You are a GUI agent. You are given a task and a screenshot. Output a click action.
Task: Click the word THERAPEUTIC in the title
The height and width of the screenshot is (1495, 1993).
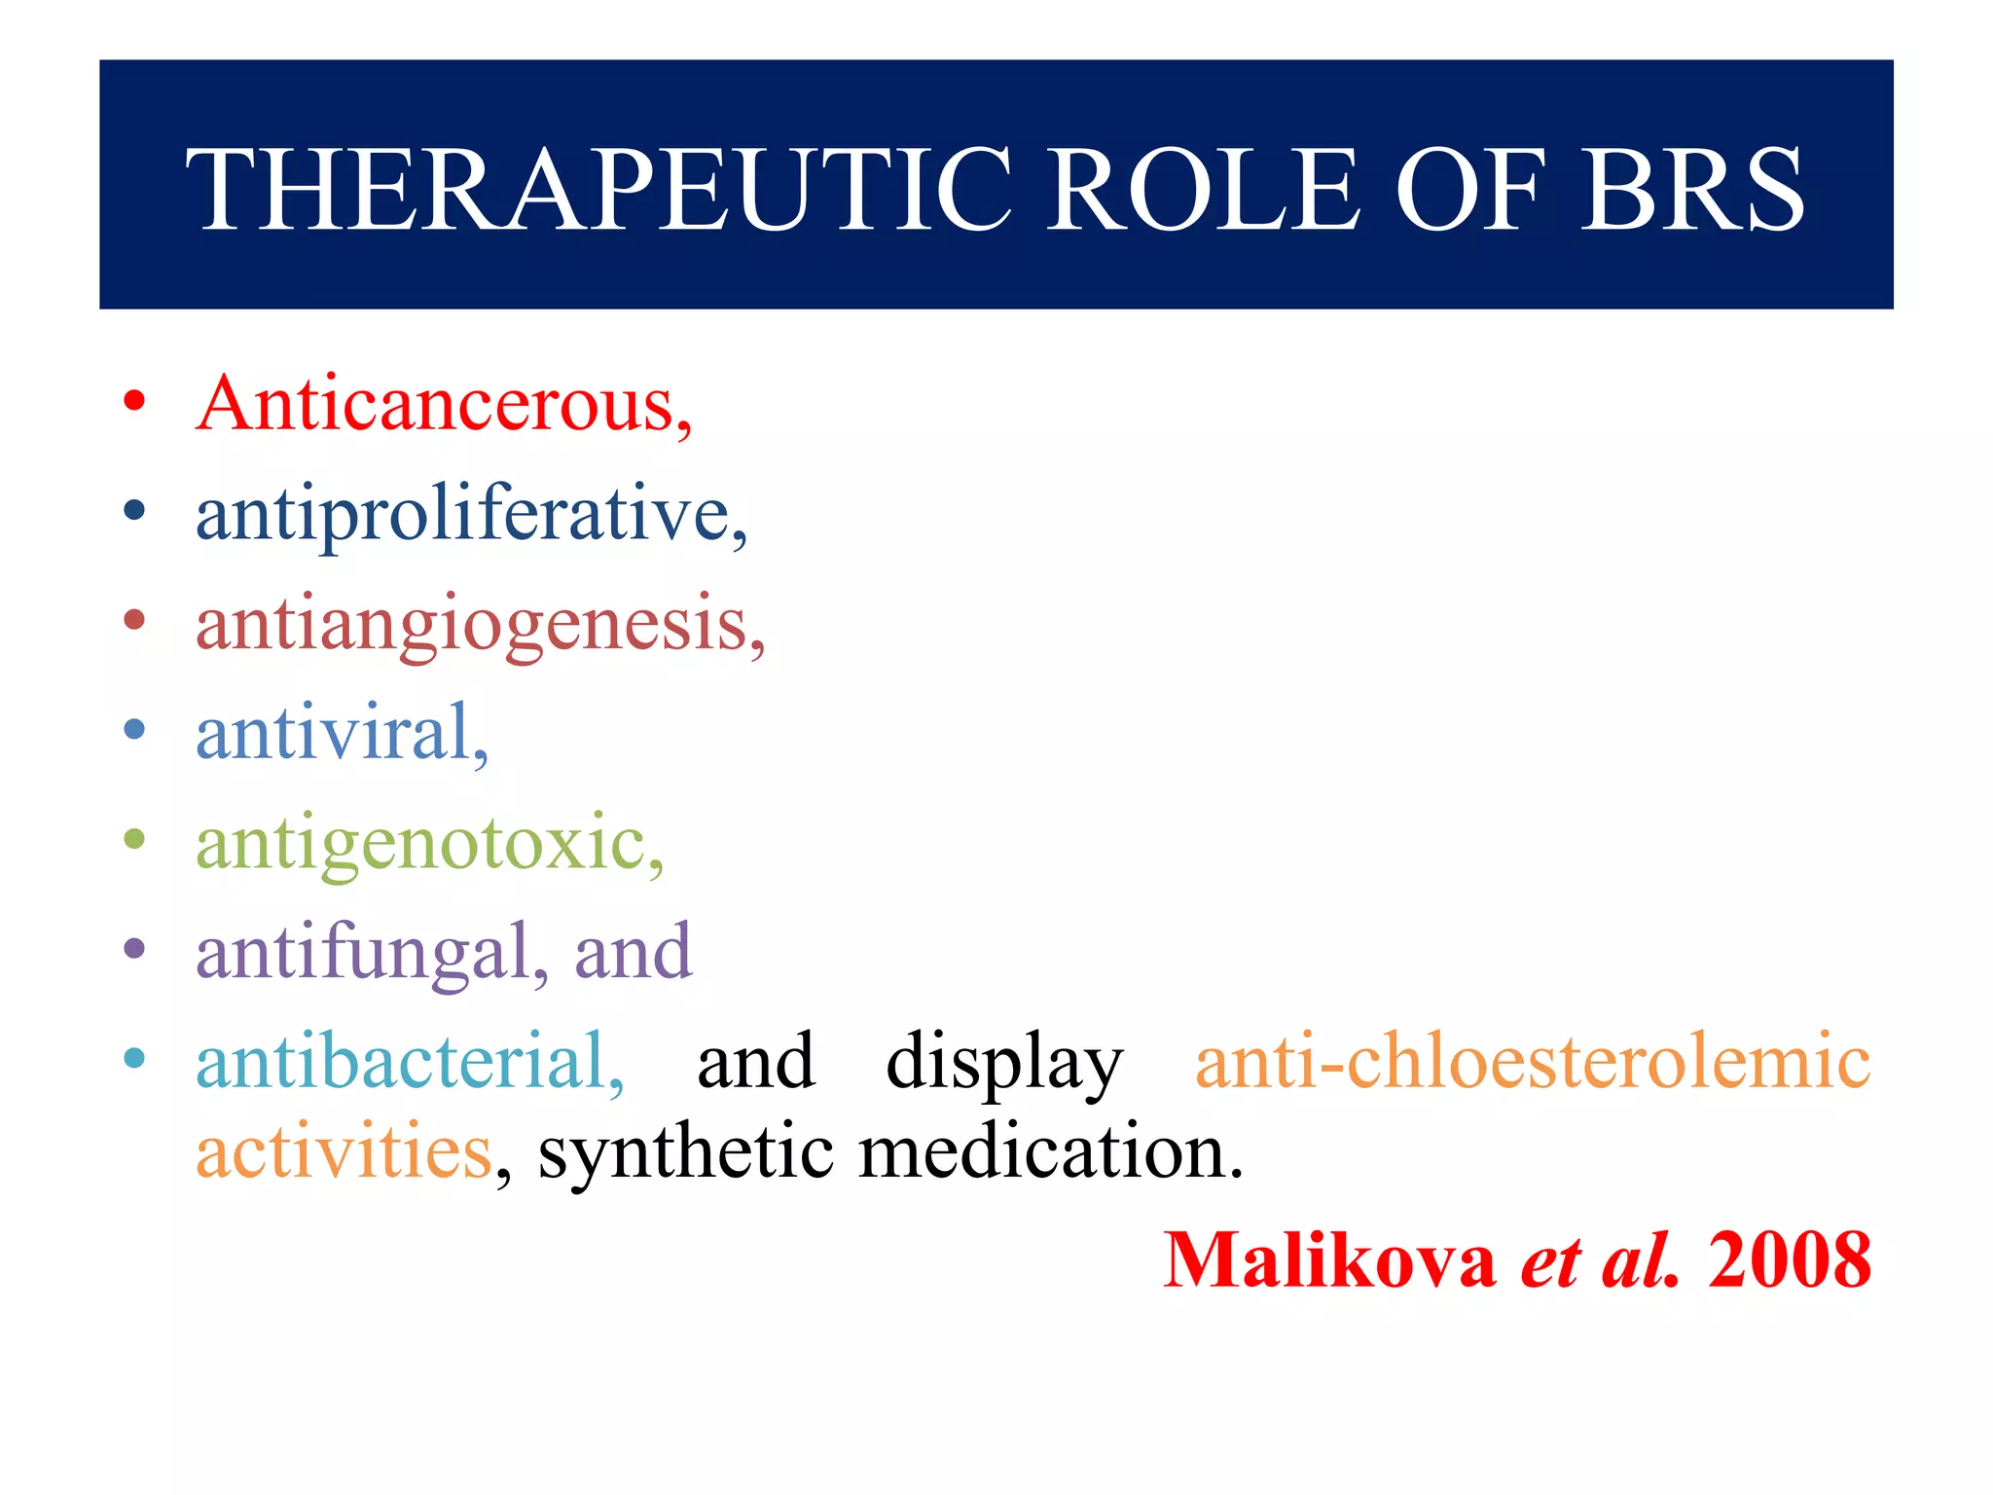(598, 189)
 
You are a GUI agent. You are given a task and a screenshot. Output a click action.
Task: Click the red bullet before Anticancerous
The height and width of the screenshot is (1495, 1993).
(135, 400)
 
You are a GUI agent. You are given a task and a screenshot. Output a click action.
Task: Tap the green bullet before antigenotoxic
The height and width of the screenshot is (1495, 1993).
(135, 839)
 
